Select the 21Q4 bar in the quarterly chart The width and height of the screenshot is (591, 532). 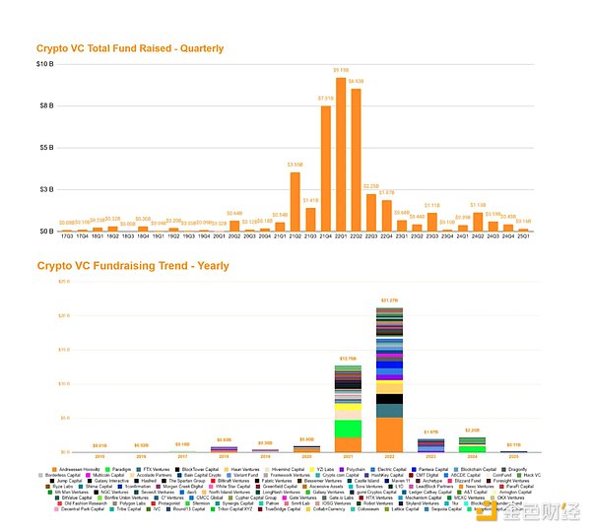325,168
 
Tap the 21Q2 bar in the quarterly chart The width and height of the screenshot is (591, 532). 295,202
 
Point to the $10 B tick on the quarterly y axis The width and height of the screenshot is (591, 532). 44,65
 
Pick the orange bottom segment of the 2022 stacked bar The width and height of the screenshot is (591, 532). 389,434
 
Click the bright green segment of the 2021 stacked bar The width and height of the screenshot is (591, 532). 348,429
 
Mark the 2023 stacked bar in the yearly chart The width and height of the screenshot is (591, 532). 430,445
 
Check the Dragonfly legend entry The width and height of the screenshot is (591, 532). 540,468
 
